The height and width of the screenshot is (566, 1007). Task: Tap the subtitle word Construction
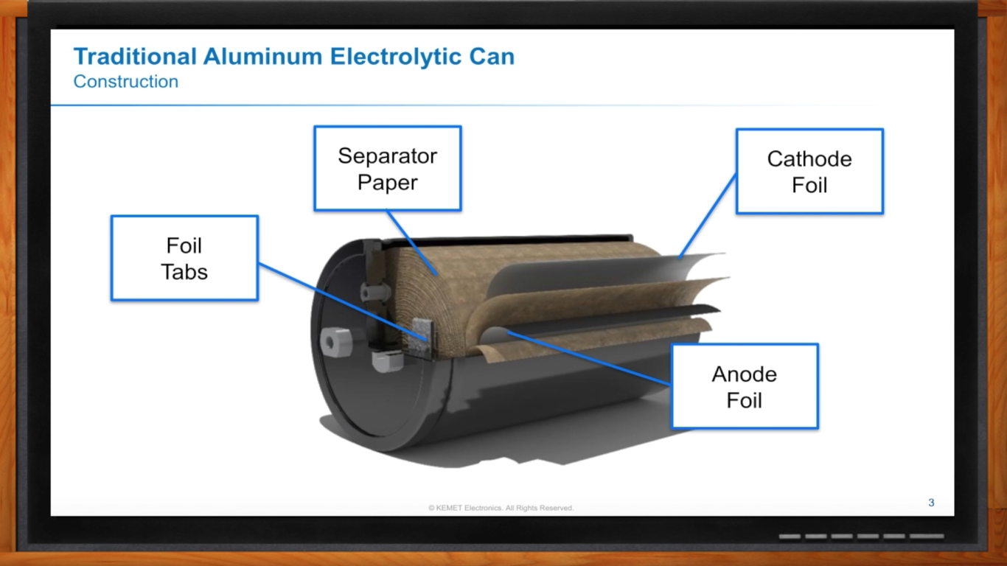point(126,81)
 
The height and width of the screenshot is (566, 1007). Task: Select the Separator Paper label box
point(388,168)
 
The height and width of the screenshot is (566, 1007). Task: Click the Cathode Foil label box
point(809,172)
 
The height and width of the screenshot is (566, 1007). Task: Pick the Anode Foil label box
point(745,386)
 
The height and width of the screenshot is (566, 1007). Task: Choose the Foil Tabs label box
point(184,258)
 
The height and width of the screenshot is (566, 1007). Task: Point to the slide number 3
point(931,503)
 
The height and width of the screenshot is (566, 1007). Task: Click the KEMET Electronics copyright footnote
point(501,508)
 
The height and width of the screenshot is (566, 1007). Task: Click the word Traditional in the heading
point(136,57)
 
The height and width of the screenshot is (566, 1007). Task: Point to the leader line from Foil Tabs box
point(339,299)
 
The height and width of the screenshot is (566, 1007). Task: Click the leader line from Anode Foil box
point(590,358)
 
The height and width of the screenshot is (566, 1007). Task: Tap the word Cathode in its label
point(809,159)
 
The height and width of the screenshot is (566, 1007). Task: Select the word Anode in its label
point(745,374)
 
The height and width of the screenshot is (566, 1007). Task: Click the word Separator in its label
point(388,156)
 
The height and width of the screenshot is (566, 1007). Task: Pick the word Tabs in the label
point(184,271)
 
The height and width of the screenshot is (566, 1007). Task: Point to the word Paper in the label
point(388,182)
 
